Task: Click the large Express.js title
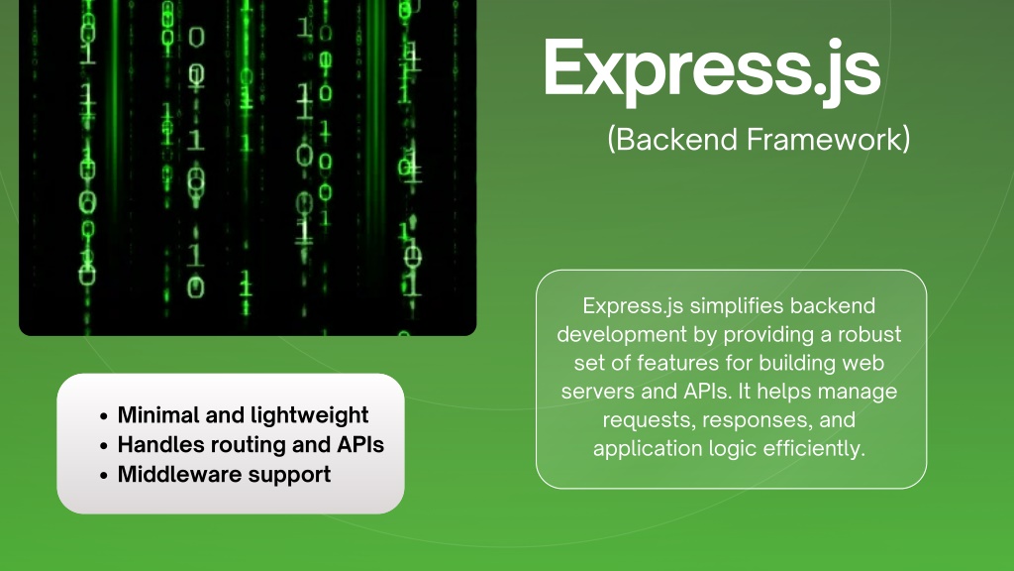pyautogui.click(x=711, y=70)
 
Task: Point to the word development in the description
pyautogui.click(x=622, y=335)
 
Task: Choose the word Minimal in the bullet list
pyautogui.click(x=158, y=415)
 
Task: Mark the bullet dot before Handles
pyautogui.click(x=103, y=446)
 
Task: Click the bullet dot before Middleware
pyautogui.click(x=103, y=476)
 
